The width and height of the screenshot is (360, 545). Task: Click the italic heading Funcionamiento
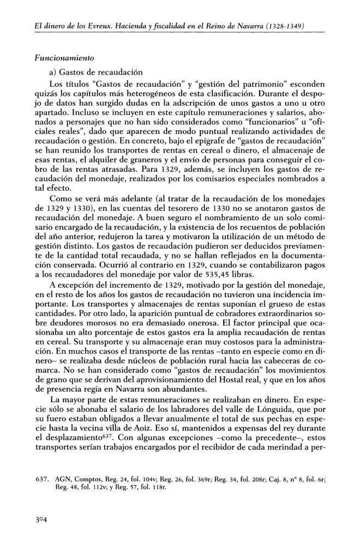coord(65,57)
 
